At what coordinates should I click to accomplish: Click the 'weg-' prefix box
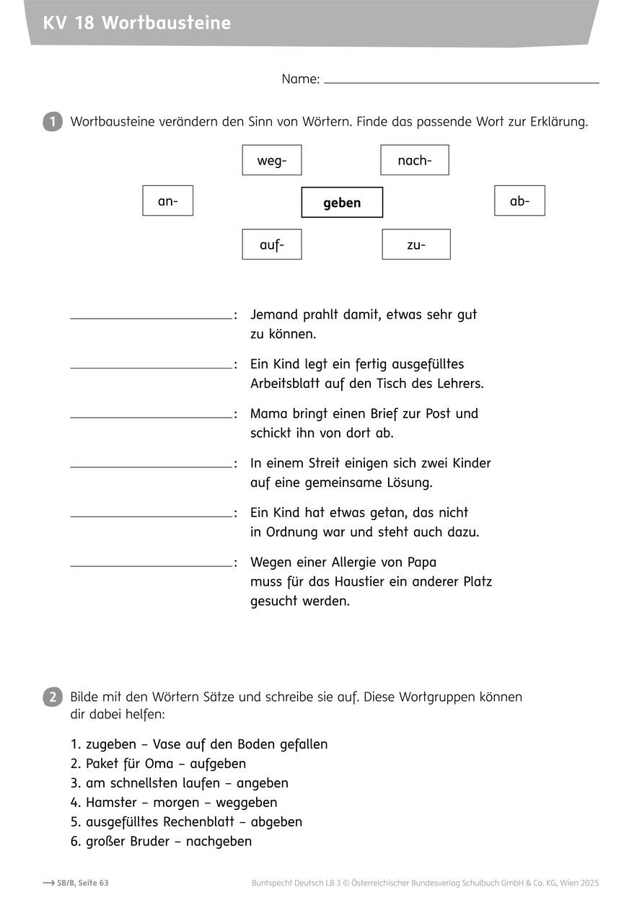[272, 160]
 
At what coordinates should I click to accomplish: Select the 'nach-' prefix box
[415, 160]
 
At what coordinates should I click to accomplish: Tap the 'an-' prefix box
[168, 201]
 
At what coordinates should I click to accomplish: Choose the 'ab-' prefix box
[519, 200]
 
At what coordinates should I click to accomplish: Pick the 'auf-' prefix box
[272, 244]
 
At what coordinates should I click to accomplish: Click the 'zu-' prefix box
[416, 244]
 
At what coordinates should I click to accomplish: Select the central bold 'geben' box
[342, 203]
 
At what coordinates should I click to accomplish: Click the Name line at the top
[462, 81]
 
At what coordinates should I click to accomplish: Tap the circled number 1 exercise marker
[53, 122]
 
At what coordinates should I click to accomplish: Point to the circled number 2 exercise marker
[53, 697]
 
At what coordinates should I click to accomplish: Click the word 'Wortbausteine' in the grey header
[167, 23]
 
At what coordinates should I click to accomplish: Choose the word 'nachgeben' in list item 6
[219, 841]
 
